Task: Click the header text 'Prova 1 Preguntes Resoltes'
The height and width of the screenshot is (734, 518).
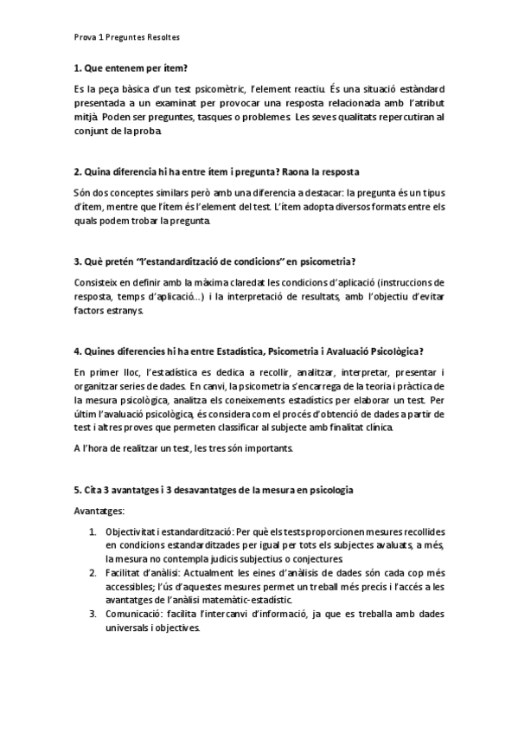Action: (126, 37)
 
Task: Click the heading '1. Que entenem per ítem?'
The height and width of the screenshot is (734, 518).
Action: (131, 68)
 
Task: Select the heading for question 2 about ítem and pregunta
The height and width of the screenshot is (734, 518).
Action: (217, 171)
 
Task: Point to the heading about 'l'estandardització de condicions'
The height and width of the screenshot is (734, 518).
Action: (216, 262)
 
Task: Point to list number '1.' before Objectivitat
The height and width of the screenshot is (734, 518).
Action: (93, 531)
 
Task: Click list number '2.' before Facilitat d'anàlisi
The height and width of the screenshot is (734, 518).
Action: (93, 573)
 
